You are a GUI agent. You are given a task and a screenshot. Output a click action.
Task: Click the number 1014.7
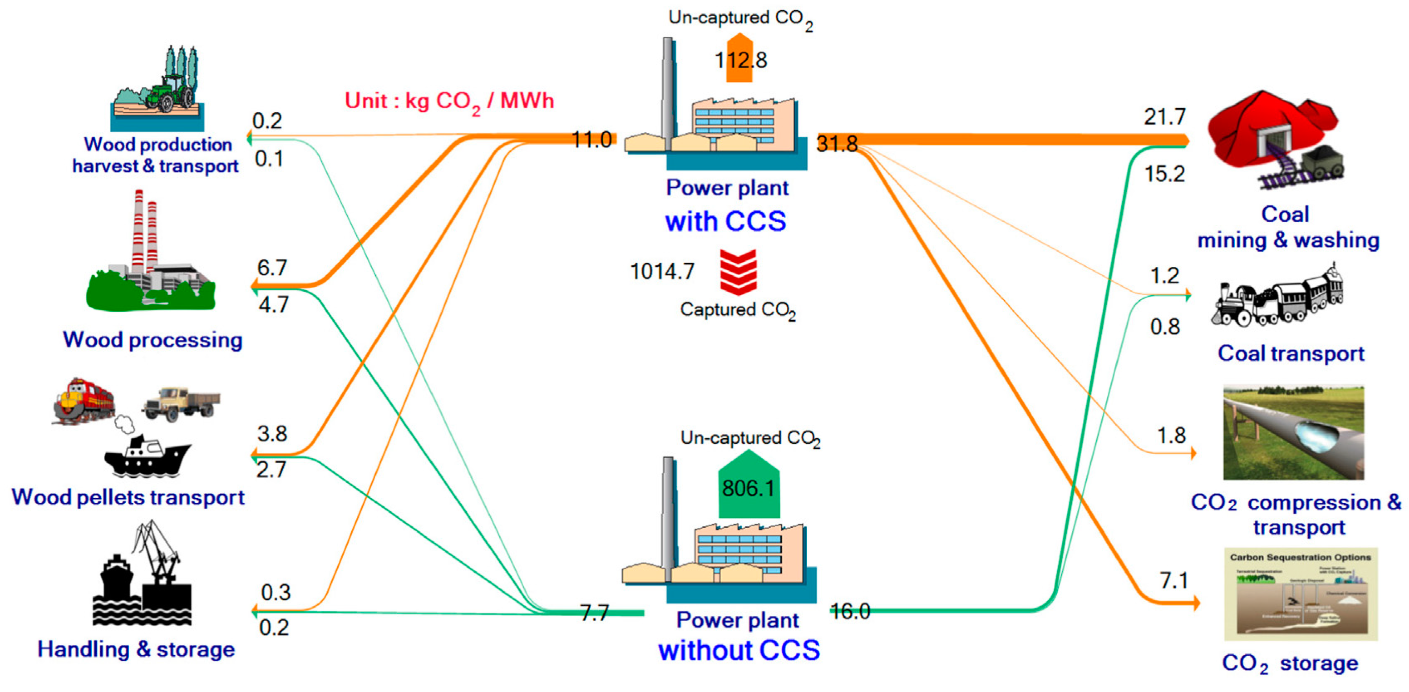662,271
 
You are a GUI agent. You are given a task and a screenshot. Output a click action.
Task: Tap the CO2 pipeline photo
1293,432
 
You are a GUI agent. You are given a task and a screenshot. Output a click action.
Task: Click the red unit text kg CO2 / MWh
450,101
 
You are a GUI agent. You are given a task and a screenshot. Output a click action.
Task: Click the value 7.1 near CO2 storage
1173,580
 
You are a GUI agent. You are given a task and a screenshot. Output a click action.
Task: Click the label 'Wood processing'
152,339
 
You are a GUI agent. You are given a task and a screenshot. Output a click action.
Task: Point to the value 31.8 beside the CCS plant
837,144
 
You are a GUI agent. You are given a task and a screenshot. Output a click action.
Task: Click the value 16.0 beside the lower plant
850,611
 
